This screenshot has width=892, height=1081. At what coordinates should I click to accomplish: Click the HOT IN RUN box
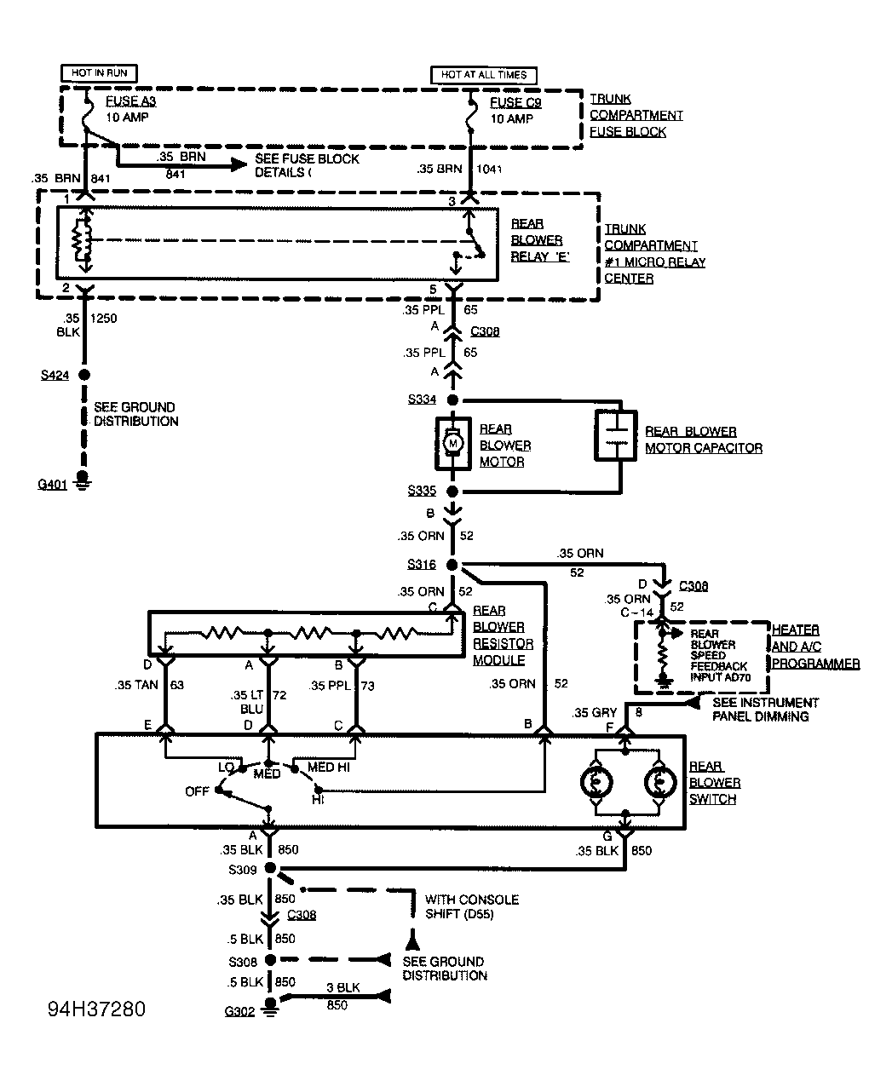(99, 73)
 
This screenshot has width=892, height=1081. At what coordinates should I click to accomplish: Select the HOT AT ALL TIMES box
(484, 75)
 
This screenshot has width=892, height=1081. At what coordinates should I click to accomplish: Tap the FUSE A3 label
(131, 101)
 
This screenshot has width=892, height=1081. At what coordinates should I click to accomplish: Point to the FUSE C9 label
(515, 102)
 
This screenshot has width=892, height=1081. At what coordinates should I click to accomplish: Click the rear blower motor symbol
(453, 444)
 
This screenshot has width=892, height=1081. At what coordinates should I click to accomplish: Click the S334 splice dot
(452, 400)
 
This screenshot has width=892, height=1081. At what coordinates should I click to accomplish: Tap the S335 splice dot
(452, 491)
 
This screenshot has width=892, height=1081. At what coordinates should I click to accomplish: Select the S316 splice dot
(452, 565)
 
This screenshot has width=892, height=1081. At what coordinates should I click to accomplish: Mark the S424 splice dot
(83, 374)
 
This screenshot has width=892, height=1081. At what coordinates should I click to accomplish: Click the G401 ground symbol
(83, 480)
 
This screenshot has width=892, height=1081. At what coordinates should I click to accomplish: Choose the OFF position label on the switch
(197, 791)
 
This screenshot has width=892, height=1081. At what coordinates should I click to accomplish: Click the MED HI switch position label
(328, 767)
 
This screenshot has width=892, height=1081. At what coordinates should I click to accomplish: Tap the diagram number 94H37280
(97, 1009)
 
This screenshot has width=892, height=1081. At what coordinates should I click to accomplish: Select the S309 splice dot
(270, 868)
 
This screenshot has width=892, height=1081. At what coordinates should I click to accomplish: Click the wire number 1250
(104, 318)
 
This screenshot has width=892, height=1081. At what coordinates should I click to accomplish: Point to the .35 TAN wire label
(136, 685)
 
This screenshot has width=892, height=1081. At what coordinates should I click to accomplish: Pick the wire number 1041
(489, 170)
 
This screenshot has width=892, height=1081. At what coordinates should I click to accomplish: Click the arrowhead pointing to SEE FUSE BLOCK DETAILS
(239, 164)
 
